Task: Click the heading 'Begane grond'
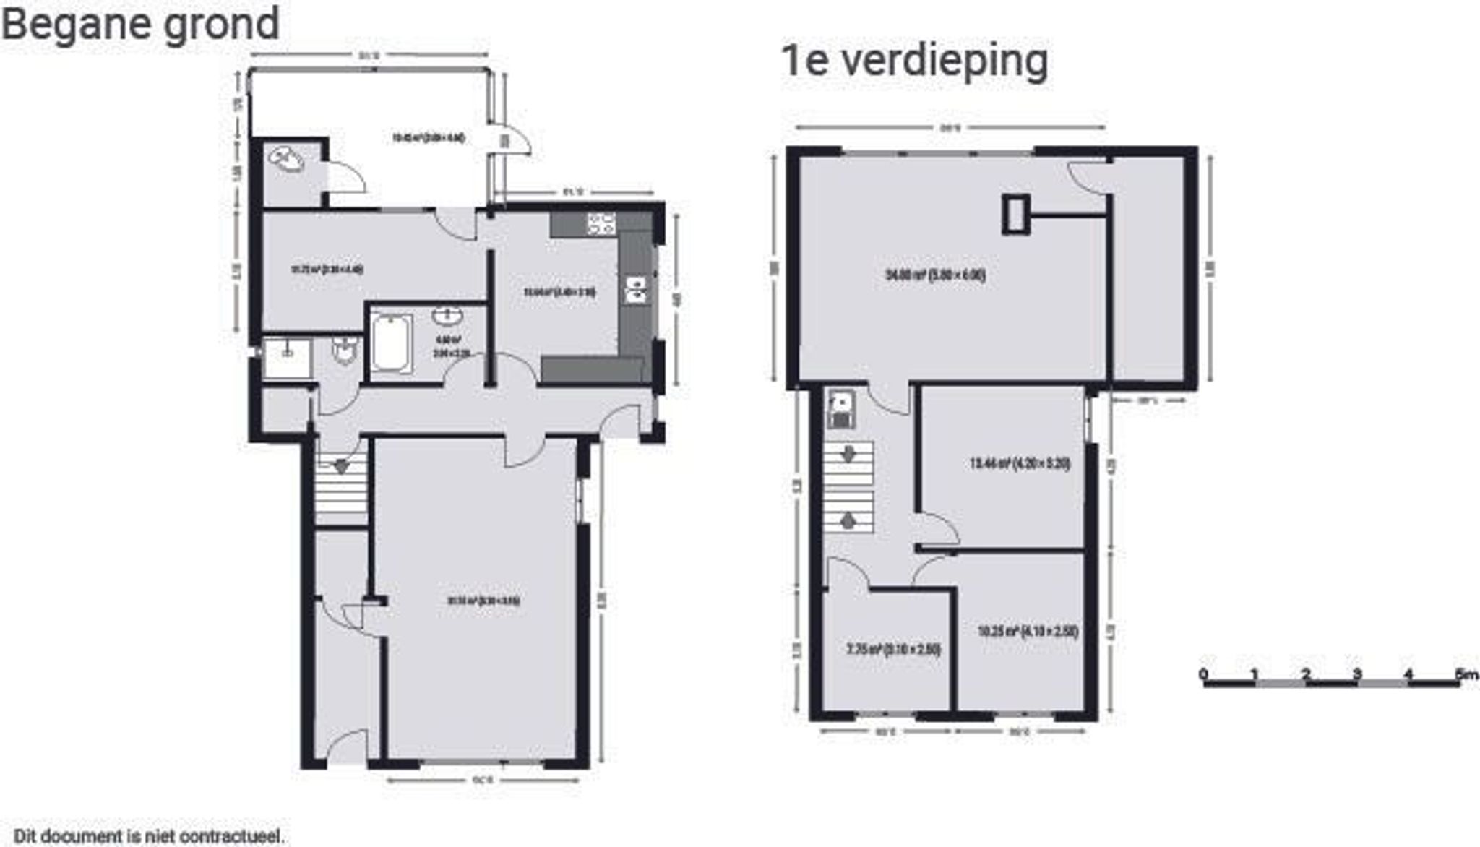click(x=140, y=25)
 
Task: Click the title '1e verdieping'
click(x=914, y=61)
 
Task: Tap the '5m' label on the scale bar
click(x=1466, y=674)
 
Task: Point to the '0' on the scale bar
click(x=1202, y=674)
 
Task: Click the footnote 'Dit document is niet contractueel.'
click(x=149, y=836)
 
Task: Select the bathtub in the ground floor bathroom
click(x=391, y=343)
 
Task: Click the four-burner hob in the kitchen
click(x=601, y=223)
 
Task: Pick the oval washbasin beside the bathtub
click(x=449, y=316)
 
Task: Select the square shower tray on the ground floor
click(x=287, y=357)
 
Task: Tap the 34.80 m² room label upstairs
click(x=935, y=275)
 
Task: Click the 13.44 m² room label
click(x=1019, y=463)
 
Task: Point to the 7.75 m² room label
click(x=893, y=649)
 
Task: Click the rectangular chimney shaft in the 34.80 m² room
click(x=1015, y=214)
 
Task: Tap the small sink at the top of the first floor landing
click(x=841, y=408)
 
